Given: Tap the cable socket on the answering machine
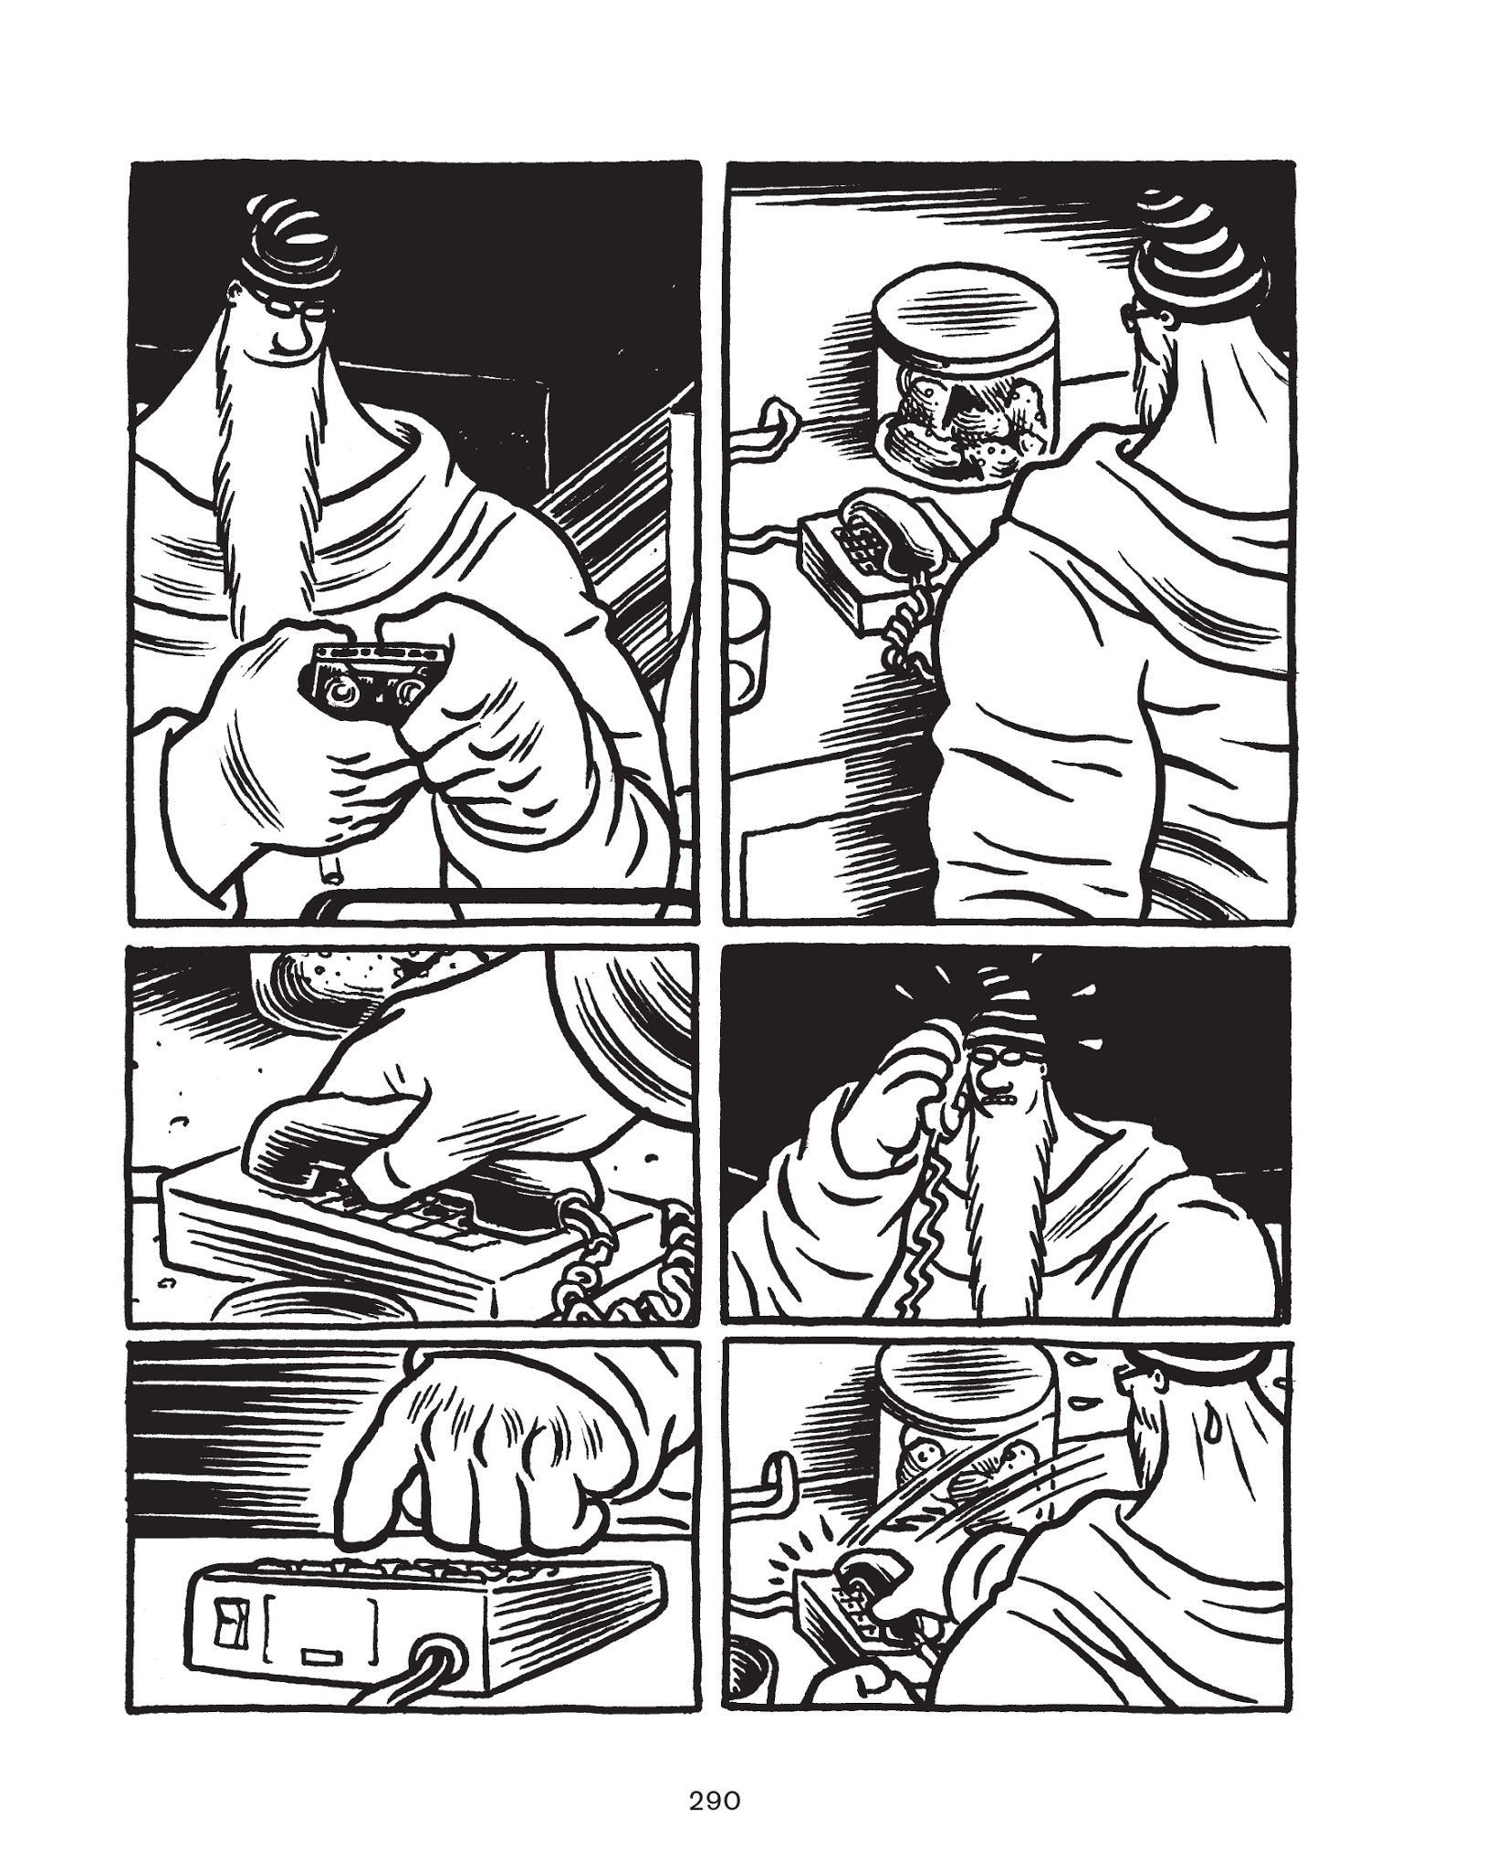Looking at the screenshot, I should [438, 1653].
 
